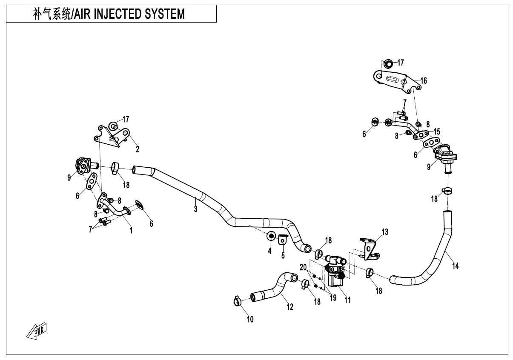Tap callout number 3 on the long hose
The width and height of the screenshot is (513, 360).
195,209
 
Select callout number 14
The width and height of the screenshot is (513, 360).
455,266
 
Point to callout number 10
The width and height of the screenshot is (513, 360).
250,320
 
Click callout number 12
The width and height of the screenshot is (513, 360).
290,307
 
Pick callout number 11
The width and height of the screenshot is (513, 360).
347,300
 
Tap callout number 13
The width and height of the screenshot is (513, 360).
385,232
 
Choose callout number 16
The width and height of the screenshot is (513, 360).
424,80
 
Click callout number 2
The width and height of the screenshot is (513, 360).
138,149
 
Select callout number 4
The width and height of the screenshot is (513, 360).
269,251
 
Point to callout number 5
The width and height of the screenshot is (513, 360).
283,256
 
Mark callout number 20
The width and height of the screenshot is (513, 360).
303,267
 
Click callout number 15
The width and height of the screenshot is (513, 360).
437,131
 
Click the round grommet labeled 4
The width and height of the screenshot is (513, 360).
271,236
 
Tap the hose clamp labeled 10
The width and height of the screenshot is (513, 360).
237,301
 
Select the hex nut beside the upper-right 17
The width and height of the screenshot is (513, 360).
388,64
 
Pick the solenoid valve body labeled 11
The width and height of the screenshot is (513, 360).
335,273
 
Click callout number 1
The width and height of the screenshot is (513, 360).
131,231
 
